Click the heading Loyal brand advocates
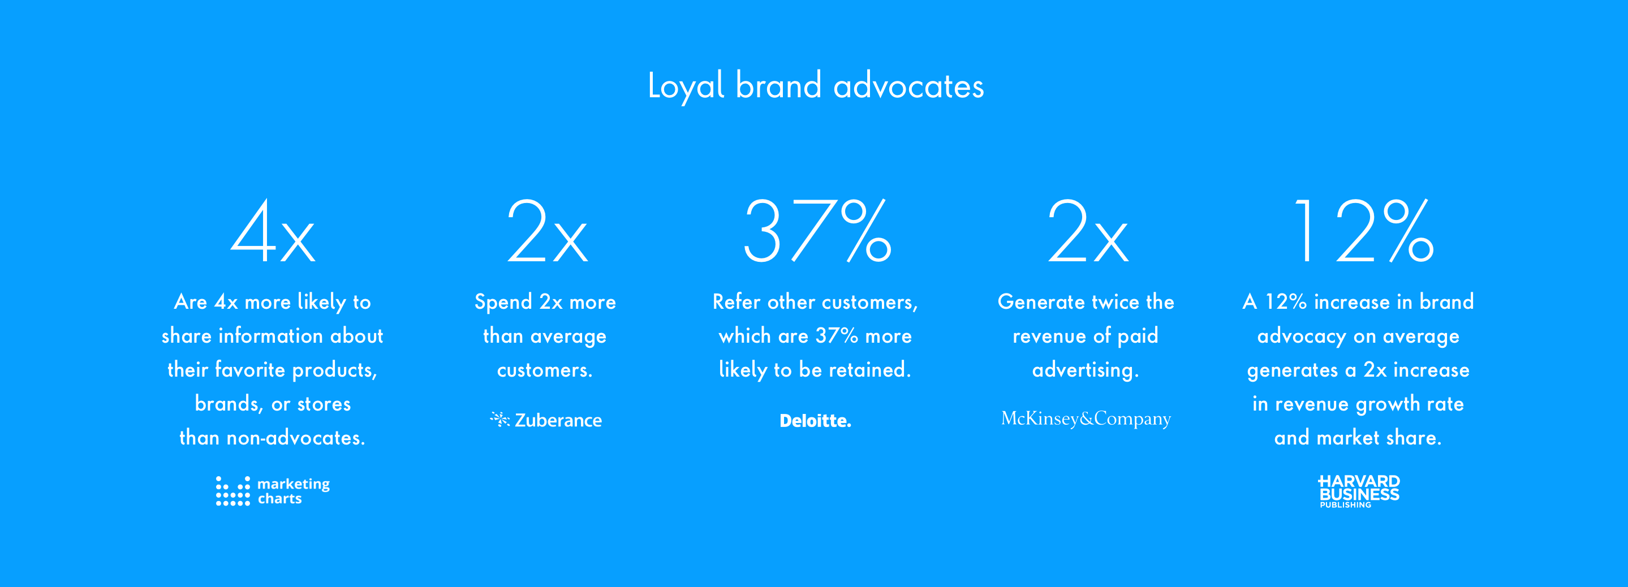[x=815, y=86]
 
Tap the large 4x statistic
[x=273, y=231]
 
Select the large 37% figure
[x=816, y=231]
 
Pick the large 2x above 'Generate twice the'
[x=1087, y=231]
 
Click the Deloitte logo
[x=815, y=421]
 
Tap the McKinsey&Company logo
[x=1086, y=419]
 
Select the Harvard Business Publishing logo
[x=1359, y=491]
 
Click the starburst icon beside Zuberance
[x=499, y=419]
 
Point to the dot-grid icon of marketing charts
[x=232, y=491]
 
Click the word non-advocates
[x=296, y=438]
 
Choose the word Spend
[x=503, y=303]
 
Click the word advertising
[x=1086, y=370]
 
